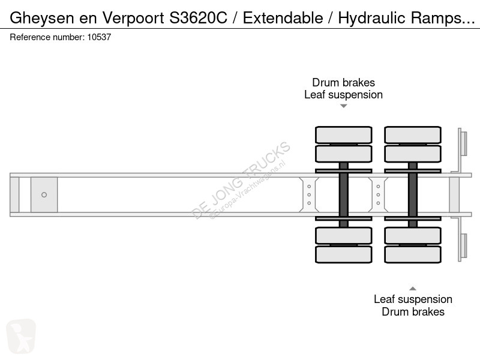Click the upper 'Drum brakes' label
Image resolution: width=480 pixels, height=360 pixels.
tap(343, 83)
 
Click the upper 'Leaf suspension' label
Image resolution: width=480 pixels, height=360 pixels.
tap(343, 94)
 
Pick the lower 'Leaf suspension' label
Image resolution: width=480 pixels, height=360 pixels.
tap(413, 299)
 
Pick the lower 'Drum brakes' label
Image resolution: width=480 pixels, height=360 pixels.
tap(413, 311)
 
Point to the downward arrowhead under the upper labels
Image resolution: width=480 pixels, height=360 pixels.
tap(344, 106)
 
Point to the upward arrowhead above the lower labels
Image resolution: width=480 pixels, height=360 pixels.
tap(413, 288)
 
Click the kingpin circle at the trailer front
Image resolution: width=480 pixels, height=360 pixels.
tap(44, 194)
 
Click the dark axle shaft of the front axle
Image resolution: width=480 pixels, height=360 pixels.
tap(344, 195)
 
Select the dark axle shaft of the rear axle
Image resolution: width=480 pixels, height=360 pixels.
tap(413, 195)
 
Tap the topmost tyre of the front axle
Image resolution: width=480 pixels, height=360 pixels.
tap(344, 134)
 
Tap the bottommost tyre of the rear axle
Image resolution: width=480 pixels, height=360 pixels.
tap(413, 254)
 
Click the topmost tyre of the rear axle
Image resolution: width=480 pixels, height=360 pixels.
tap(413, 134)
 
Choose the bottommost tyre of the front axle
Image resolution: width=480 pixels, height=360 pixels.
tap(344, 254)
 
